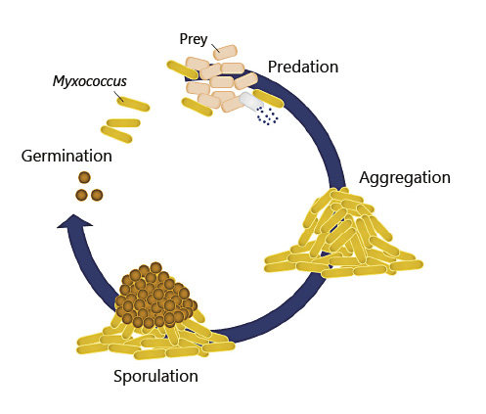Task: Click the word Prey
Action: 194,39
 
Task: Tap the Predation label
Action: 302,67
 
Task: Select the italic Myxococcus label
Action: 90,81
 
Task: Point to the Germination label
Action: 66,156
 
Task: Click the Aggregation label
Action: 404,177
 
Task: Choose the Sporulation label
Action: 155,376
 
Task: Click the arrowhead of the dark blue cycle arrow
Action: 74,222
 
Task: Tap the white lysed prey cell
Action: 252,101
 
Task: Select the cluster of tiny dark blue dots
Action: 267,116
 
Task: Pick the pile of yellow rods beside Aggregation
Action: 342,235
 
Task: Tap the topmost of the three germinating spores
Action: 84,177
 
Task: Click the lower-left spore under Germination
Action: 81,195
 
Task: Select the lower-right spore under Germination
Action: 97,195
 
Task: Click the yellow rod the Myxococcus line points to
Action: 134,103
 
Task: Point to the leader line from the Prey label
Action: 213,48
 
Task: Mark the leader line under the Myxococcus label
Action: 119,95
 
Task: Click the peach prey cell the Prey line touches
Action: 226,52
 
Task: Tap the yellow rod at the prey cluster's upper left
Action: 181,69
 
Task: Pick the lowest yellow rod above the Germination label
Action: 116,134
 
